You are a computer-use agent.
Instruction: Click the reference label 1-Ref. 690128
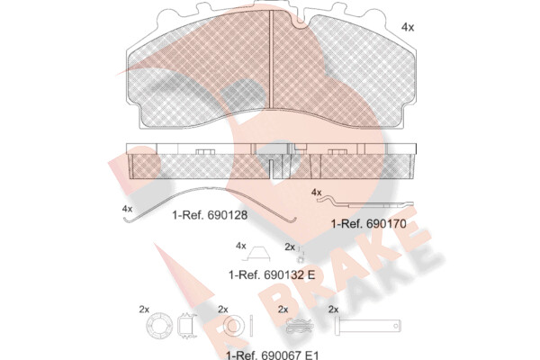tap(210, 215)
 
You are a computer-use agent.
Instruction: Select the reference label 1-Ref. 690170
tap(368, 224)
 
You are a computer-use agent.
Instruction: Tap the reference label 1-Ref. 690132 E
tap(272, 274)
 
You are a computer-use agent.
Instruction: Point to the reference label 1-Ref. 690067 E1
tap(273, 355)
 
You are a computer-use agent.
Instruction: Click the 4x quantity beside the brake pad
tap(408, 27)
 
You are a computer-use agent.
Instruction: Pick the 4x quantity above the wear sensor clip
tap(316, 193)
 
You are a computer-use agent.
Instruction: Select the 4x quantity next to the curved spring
tap(127, 209)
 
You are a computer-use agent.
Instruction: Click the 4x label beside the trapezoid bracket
tap(241, 246)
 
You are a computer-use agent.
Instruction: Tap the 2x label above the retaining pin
tap(333, 310)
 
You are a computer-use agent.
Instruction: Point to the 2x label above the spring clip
tap(283, 310)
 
